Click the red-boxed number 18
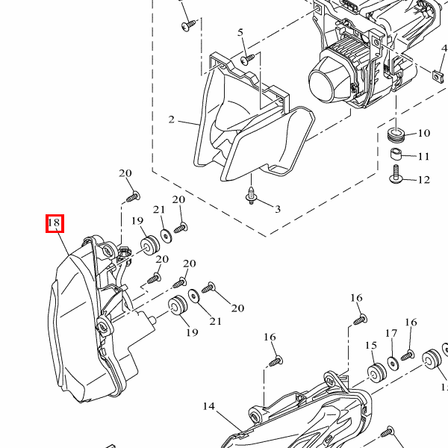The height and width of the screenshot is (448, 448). pos(54,223)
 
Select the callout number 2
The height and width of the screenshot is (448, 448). pos(172,119)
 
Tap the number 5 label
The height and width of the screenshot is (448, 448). pos(241,32)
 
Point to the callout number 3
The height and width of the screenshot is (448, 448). pos(277,209)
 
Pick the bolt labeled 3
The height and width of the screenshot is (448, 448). pos(253,196)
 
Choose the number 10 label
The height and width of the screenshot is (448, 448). pos(423,134)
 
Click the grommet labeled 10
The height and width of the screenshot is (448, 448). pos(396,135)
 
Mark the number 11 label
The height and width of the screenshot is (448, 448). pos(423,157)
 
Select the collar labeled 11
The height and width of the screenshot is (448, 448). pos(397,155)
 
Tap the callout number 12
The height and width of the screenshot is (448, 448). pos(423,180)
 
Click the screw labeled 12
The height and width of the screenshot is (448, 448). pos(396,177)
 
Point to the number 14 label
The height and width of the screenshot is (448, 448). pos(208,406)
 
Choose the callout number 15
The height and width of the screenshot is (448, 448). pos(371,346)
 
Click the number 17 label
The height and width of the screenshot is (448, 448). pos(391,333)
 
